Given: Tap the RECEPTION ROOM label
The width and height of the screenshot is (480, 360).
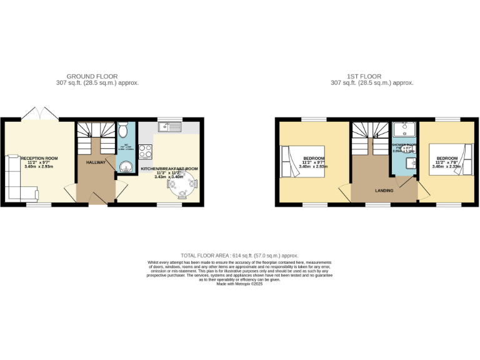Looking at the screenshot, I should tap(39, 158).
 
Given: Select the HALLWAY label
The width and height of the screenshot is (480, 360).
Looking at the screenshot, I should tap(96, 162).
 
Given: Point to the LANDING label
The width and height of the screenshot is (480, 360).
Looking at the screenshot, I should tap(384, 190).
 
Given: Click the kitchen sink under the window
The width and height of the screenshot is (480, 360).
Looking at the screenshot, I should tap(169, 127).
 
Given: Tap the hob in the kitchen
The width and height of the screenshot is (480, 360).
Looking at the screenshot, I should tap(145, 151).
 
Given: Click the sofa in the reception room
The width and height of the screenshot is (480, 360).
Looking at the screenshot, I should tap(14, 178).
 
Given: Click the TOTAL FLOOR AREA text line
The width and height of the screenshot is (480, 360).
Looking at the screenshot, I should tap(239, 256).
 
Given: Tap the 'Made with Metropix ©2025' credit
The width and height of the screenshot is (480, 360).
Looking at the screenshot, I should tap(239, 284).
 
